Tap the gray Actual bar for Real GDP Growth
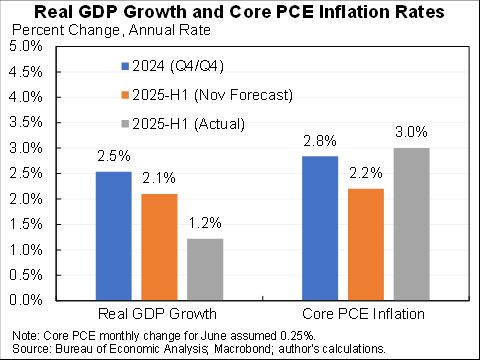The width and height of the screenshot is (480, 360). (x=204, y=269)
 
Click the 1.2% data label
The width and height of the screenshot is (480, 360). (x=204, y=225)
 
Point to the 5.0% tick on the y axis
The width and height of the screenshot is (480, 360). (x=26, y=46)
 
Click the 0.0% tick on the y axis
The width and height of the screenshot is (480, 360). (x=26, y=300)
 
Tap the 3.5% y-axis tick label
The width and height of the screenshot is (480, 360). (x=26, y=122)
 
